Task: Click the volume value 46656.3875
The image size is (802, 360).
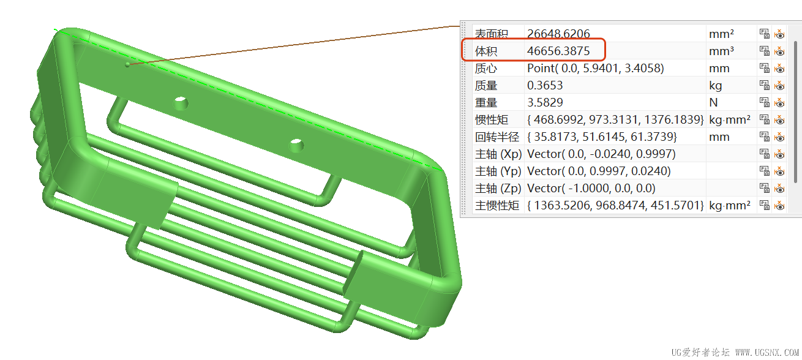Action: tap(558, 51)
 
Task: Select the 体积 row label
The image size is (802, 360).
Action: tap(486, 51)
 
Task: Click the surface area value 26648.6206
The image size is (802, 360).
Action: tap(558, 34)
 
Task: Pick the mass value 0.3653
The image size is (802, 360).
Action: tap(545, 86)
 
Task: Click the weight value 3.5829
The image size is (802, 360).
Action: tap(545, 103)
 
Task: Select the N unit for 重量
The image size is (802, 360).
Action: tap(713, 103)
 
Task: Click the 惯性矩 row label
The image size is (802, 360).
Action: tap(492, 120)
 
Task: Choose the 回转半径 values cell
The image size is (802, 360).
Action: tap(602, 137)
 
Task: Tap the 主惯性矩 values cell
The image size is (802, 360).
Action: tap(615, 206)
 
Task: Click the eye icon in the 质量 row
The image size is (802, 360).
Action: tap(779, 86)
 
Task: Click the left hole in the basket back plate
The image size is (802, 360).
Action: tap(181, 103)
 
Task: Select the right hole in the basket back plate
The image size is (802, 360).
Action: tap(296, 145)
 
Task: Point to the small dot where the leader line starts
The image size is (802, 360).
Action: tap(127, 64)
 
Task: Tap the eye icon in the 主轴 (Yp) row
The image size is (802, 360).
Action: tap(779, 171)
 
